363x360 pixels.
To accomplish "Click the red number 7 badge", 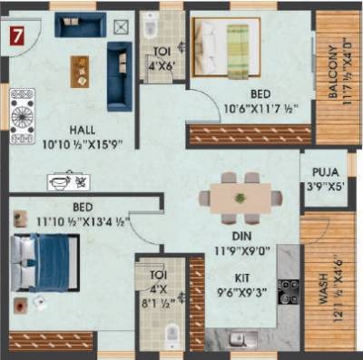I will click(x=16, y=38).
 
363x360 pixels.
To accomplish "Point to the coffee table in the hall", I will click(x=81, y=71).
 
